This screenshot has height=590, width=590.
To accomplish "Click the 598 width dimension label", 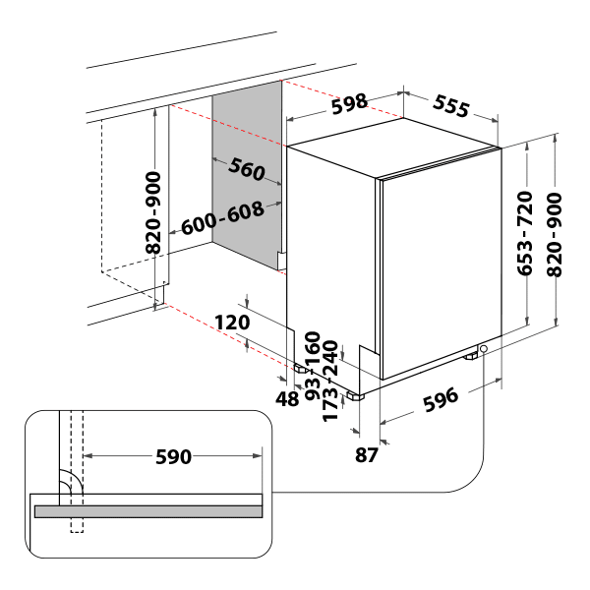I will (349, 101).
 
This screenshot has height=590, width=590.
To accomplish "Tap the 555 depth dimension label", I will (450, 106).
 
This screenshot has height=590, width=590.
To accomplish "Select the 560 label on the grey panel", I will (247, 170).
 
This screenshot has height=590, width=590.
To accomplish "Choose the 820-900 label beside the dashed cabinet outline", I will (153, 212).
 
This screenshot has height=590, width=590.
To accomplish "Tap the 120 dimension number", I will (232, 322).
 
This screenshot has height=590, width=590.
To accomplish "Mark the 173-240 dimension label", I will (331, 383).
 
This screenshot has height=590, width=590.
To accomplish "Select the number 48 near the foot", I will (288, 399).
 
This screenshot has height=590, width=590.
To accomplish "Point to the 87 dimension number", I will (367, 454).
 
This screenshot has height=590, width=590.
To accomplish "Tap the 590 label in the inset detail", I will (173, 456).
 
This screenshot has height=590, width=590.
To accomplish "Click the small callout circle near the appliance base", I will (484, 349).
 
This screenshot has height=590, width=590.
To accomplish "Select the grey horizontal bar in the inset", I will (148, 511).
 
